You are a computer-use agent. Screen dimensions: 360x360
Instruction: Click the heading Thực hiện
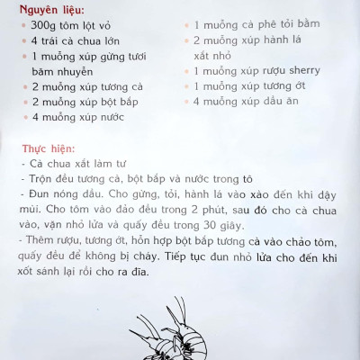click(46, 147)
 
